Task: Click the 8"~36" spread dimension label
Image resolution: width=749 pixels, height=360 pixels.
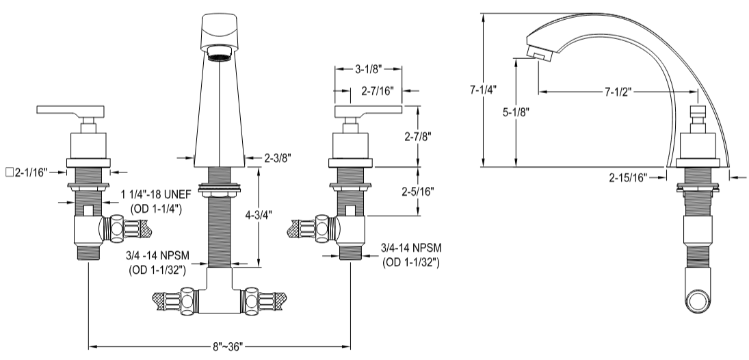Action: (220, 347)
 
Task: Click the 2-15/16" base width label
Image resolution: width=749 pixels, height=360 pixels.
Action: (627, 177)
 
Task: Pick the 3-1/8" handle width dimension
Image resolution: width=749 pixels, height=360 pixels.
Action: (367, 69)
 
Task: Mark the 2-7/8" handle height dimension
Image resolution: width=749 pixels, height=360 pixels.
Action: (418, 136)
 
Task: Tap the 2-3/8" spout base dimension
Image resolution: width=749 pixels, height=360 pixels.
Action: (278, 158)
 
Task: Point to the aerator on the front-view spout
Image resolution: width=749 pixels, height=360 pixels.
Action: (220, 54)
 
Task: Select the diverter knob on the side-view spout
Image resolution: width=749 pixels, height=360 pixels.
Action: (698, 114)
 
